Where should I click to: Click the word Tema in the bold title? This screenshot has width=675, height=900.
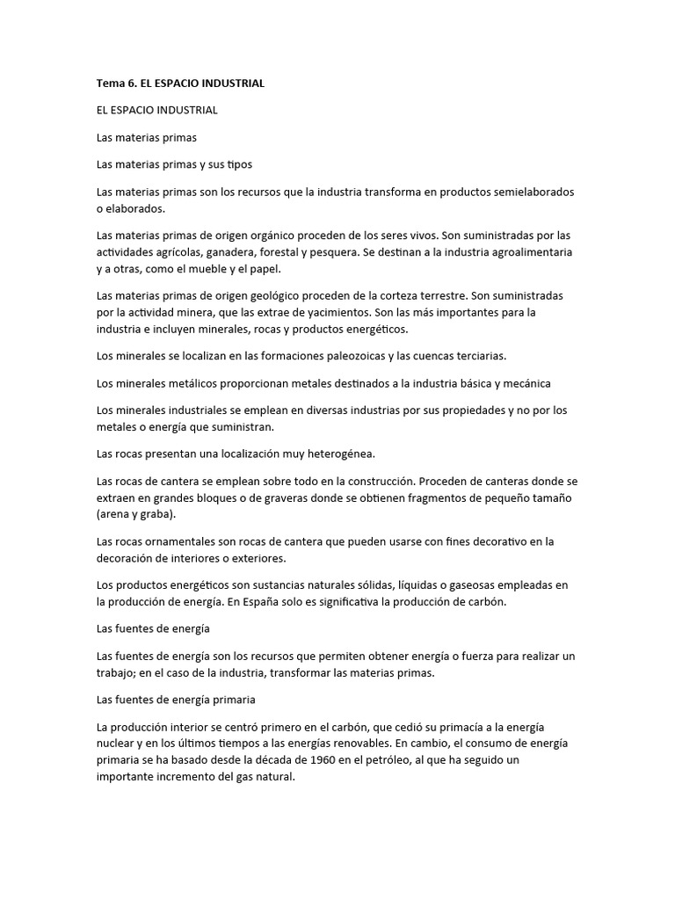(x=111, y=83)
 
